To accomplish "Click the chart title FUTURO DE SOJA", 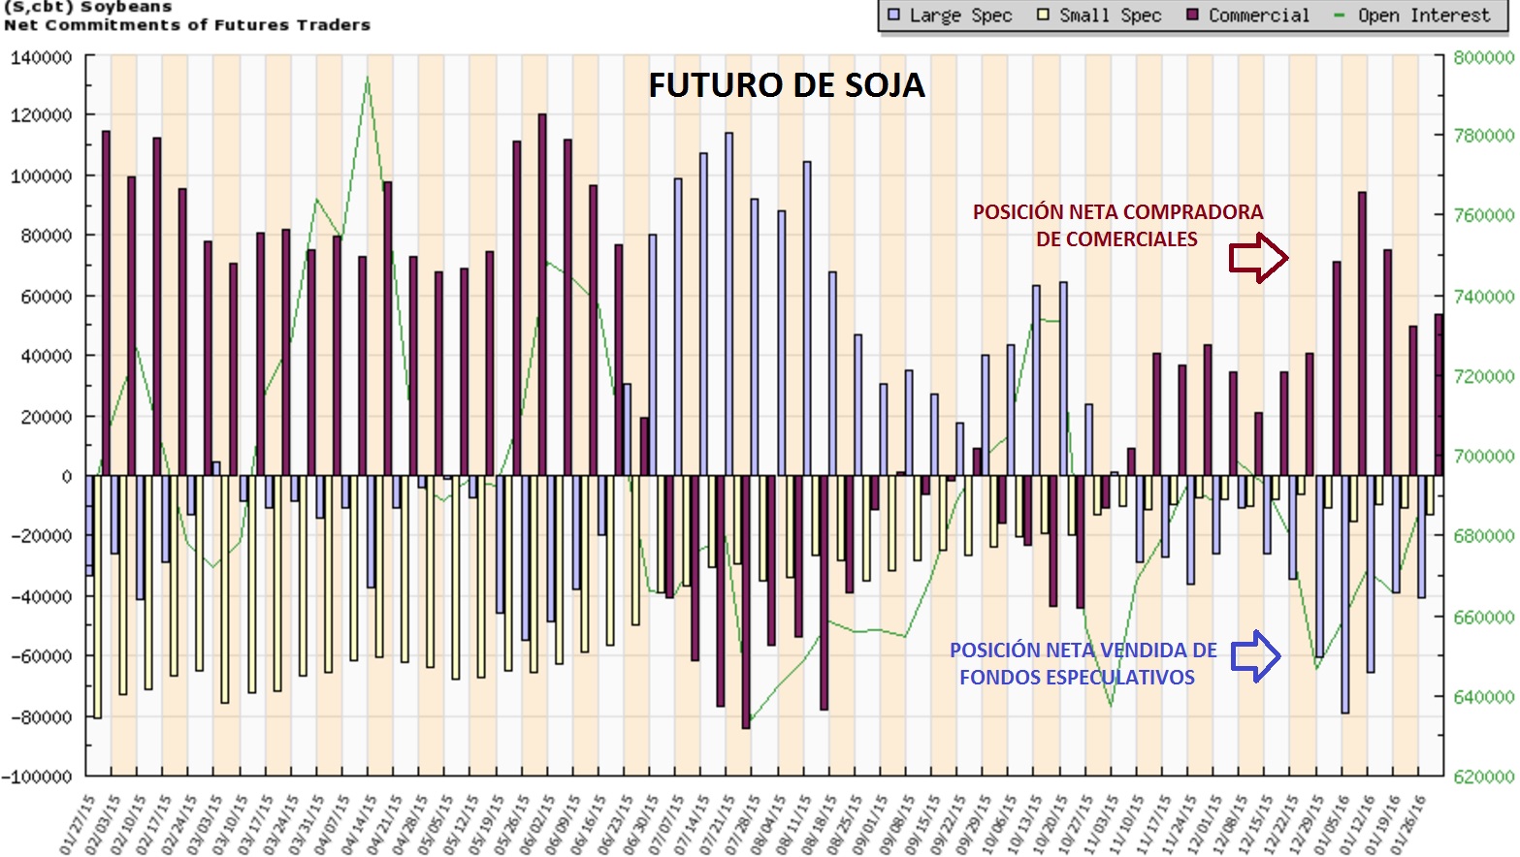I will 786,85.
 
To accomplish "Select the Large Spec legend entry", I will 950,16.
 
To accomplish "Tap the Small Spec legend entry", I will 1099,16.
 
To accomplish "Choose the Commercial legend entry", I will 1248,16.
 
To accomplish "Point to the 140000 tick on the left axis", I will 41,57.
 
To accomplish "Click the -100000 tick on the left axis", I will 37,777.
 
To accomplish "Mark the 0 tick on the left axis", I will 66,476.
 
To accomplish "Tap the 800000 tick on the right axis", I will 1483,57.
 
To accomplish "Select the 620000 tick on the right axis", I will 1483,777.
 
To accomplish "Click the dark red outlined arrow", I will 1258,258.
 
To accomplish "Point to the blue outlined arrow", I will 1256,656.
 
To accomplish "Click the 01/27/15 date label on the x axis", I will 77,824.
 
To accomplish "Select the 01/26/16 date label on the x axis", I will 1409,824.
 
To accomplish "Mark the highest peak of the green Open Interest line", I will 367,77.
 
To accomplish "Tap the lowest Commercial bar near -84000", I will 746,601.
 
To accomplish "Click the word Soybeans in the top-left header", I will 126,7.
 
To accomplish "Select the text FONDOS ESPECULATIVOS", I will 1077,678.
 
